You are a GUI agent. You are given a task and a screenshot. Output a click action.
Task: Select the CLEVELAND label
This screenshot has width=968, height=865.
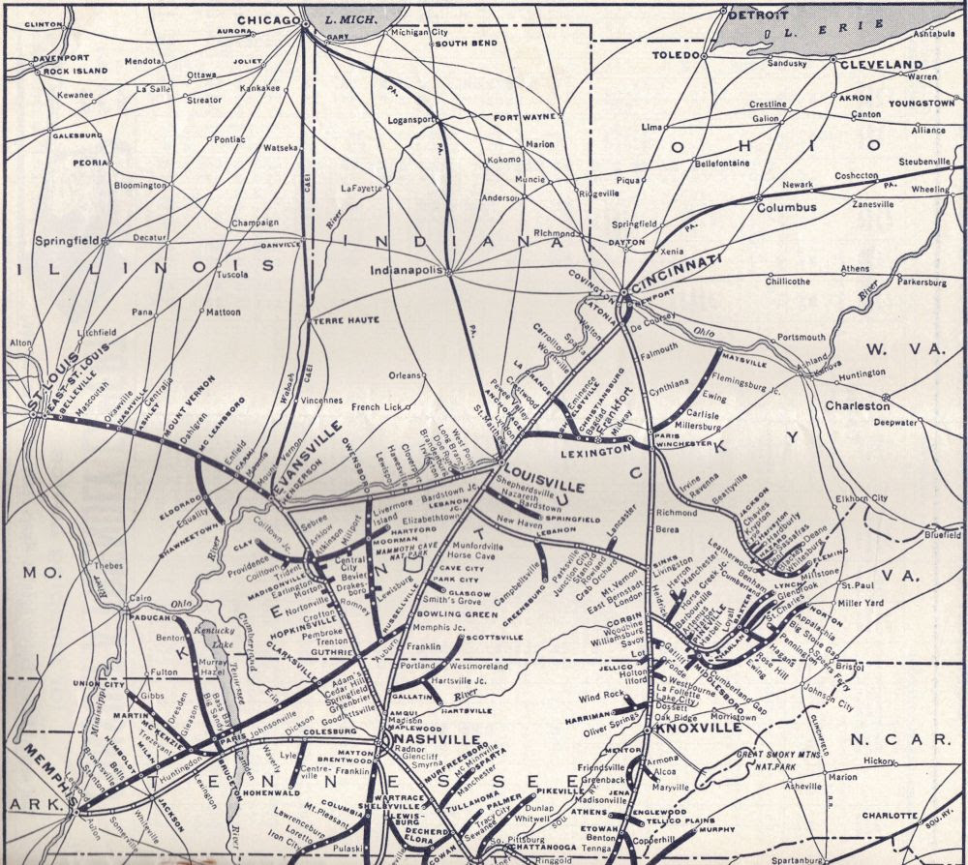881,64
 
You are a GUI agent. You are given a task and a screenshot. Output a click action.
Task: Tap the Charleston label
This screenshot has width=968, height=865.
857,405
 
